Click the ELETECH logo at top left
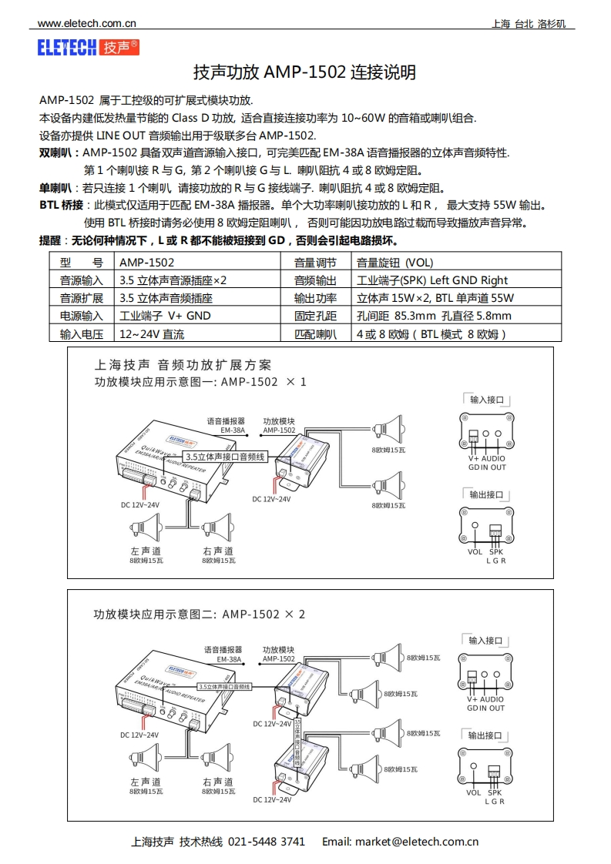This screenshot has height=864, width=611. (x=89, y=48)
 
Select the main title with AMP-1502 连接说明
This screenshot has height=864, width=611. (x=304, y=73)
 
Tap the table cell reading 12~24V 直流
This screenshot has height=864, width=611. (x=153, y=334)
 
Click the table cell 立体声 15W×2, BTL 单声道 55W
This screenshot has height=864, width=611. (x=435, y=298)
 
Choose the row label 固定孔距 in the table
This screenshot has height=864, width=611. (x=316, y=316)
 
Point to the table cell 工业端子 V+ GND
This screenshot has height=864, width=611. (x=165, y=316)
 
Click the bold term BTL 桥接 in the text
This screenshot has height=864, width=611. (x=61, y=206)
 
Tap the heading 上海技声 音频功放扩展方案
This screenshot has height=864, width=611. (x=183, y=365)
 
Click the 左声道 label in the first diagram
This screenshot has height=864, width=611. (x=146, y=551)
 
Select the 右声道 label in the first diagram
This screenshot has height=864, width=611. (x=218, y=551)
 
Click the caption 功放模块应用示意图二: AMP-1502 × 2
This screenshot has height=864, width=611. (x=200, y=615)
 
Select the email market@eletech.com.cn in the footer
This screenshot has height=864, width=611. (x=417, y=842)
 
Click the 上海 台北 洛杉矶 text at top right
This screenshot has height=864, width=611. (x=529, y=24)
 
